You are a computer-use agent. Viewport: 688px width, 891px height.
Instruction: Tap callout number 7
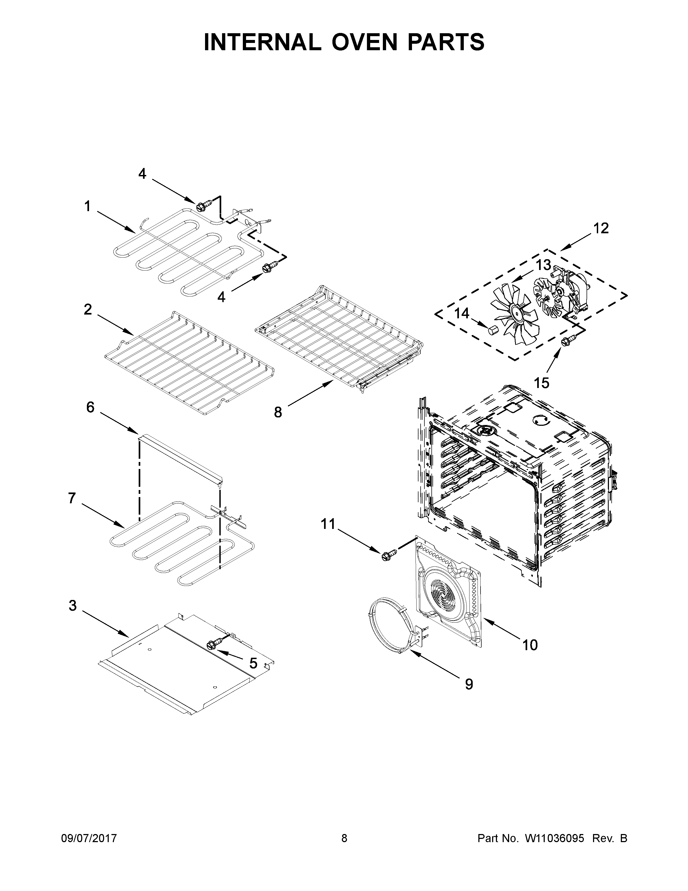[x=72, y=498]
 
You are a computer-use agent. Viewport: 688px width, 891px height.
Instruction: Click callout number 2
[x=88, y=310]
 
